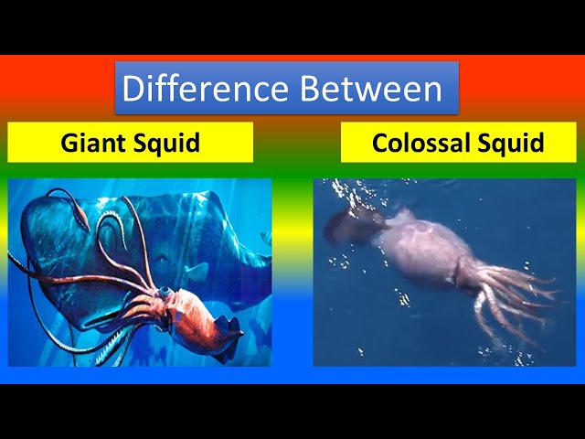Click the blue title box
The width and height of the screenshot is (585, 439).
click(286, 88)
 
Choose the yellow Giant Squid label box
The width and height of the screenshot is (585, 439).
click(131, 143)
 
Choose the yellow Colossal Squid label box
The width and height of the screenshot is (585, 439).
click(458, 143)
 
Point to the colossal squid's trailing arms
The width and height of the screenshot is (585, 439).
click(512, 293)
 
